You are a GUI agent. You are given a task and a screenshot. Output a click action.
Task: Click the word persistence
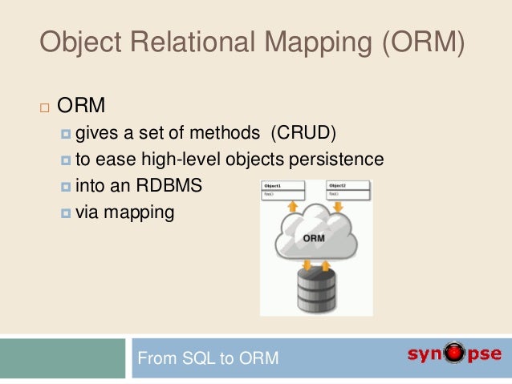(x=338, y=160)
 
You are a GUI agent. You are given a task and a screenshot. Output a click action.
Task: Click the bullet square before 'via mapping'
(x=65, y=213)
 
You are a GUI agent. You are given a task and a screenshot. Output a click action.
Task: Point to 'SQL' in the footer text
(x=194, y=358)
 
